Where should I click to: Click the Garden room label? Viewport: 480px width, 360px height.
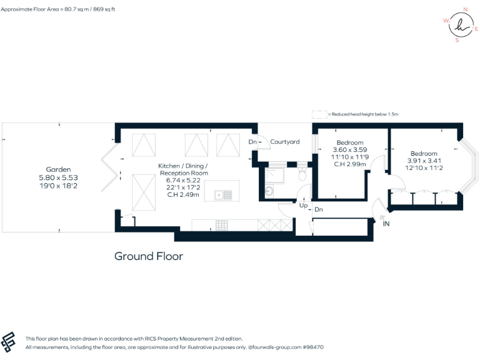(x=58, y=169)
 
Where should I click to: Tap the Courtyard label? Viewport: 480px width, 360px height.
(x=285, y=142)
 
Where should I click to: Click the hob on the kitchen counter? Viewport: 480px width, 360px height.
(x=222, y=224)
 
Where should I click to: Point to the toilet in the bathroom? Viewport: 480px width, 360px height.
(x=302, y=176)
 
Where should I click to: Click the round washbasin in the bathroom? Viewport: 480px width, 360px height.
(x=270, y=191)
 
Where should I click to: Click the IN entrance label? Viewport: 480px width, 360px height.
(x=386, y=223)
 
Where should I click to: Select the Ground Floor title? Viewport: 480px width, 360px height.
(x=148, y=256)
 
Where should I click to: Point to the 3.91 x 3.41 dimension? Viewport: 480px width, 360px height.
(x=424, y=161)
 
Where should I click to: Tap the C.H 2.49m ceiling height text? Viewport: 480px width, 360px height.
(x=184, y=195)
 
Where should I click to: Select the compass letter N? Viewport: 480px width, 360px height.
(x=464, y=9)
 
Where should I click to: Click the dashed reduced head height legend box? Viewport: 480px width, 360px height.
(x=319, y=114)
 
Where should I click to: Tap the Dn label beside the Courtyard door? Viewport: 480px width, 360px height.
(x=252, y=142)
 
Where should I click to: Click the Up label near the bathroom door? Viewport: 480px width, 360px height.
(x=304, y=206)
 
